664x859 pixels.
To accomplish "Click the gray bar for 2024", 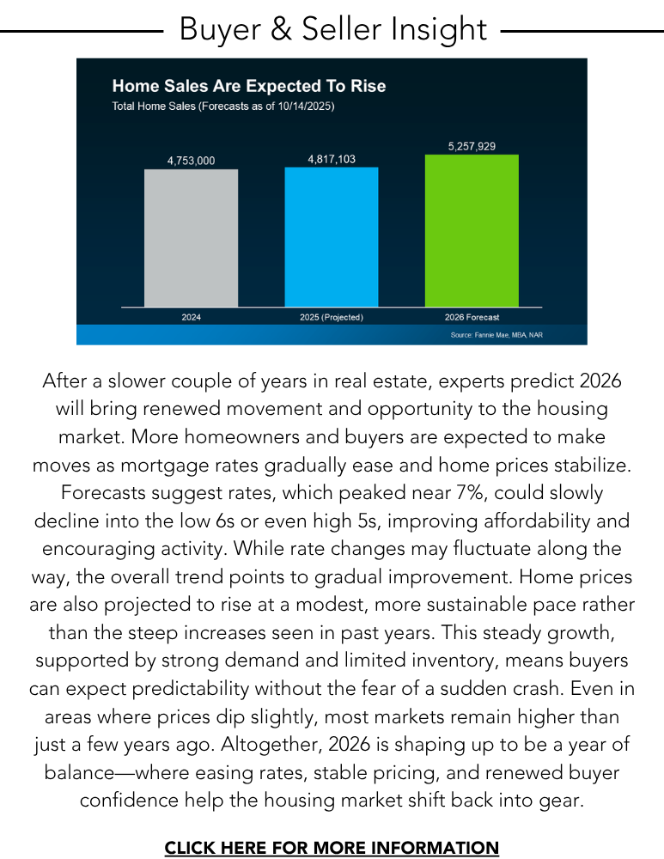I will (191, 238).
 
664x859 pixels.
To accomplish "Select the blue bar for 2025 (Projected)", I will (332, 237).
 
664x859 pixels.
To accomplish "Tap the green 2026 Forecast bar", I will (472, 230).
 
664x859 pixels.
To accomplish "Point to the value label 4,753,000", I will (191, 161).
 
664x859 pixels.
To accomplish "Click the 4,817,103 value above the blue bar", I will (332, 159).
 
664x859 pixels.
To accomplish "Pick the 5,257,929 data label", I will (472, 147).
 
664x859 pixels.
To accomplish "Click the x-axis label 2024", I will (191, 317).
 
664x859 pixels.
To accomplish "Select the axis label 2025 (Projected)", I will (332, 317).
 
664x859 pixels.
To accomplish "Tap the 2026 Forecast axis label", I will (472, 317).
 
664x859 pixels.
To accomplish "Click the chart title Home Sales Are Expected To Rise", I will (249, 86).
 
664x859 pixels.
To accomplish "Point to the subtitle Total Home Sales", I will (223, 107).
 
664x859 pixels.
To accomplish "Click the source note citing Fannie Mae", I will (496, 334).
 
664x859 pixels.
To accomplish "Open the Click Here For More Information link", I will (332, 848).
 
